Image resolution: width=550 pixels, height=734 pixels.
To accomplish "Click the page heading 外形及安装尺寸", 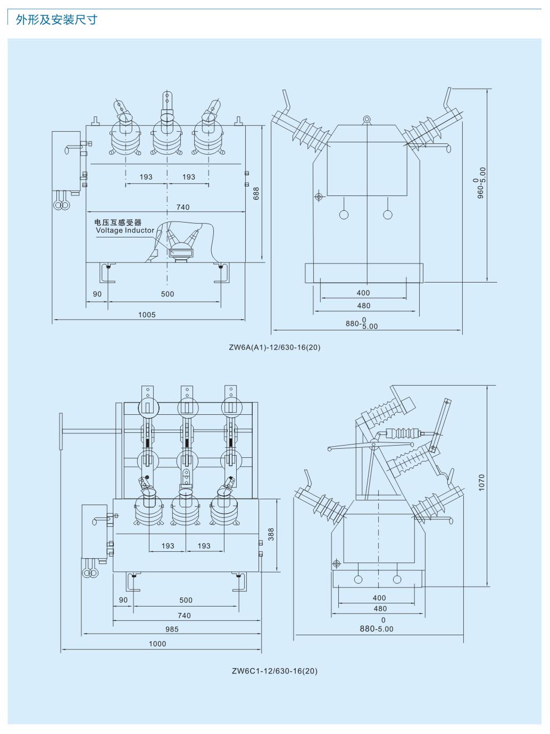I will (x=56, y=20).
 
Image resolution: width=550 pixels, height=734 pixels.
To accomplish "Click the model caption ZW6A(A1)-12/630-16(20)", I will (x=274, y=347).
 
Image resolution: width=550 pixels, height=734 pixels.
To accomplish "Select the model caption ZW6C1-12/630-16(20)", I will (x=274, y=671).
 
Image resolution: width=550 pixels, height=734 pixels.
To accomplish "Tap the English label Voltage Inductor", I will (x=125, y=231).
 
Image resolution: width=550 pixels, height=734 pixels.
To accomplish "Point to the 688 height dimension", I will (x=256, y=193).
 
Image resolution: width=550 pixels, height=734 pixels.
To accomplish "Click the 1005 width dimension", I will (x=147, y=314).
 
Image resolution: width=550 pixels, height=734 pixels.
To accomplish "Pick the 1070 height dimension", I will (x=482, y=482).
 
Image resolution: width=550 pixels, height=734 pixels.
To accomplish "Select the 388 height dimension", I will (x=271, y=534).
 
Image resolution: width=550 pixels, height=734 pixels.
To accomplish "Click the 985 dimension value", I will (x=172, y=629).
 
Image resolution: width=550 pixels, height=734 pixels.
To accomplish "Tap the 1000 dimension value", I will (x=157, y=644).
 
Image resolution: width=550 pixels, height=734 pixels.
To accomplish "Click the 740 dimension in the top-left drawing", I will (x=183, y=207).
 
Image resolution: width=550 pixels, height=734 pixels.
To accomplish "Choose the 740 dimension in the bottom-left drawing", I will (x=184, y=616).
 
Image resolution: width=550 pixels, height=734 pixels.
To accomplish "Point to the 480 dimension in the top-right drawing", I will (x=364, y=305).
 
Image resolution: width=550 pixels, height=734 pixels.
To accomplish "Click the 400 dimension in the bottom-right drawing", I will (x=379, y=598).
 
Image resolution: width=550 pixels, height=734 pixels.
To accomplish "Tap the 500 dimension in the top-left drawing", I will (x=168, y=294).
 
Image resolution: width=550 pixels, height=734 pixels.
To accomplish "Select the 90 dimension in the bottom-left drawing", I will (x=123, y=600).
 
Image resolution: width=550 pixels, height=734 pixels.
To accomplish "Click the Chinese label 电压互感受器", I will (x=118, y=223).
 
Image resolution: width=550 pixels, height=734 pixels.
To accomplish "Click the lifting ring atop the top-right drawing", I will (x=366, y=120).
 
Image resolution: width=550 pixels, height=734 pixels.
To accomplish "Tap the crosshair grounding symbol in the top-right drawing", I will (x=319, y=197).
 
